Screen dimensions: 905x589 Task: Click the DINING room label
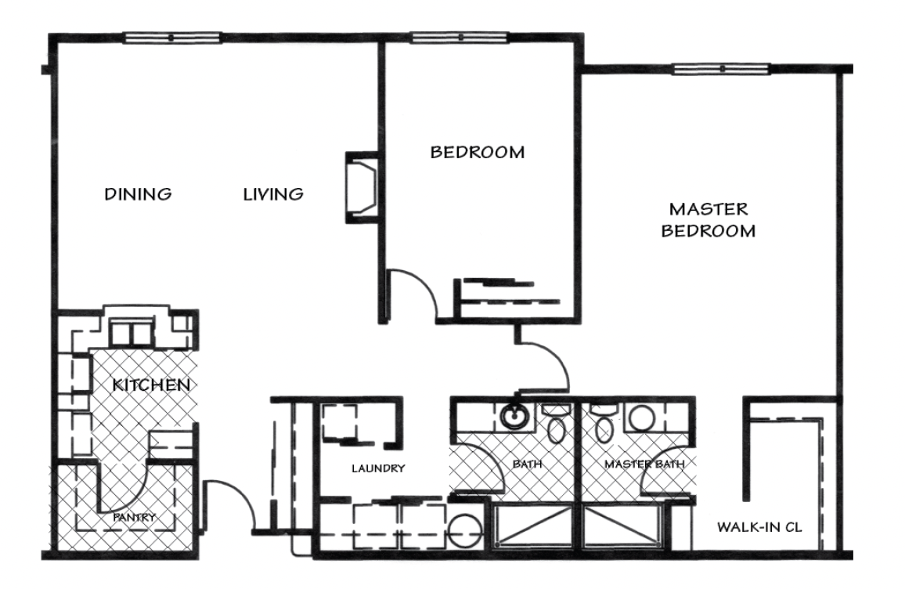[x=138, y=193]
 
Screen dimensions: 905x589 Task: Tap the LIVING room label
[x=273, y=193]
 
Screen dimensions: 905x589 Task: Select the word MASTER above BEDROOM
[x=708, y=208]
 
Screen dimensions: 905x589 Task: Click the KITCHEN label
[x=150, y=385]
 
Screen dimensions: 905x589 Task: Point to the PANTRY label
[x=134, y=518]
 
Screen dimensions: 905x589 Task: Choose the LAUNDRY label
[x=378, y=468]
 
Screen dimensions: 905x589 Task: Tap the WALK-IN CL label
[x=759, y=526]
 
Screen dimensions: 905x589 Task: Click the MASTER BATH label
[x=645, y=464]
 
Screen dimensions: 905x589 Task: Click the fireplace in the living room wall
[x=362, y=187]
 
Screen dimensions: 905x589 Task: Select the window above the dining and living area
[x=172, y=38]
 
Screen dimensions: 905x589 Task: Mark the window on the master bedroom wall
[x=722, y=69]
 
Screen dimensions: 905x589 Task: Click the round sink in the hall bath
[x=512, y=416]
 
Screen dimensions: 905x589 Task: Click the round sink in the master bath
[x=640, y=417]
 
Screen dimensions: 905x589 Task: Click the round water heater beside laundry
[x=464, y=531]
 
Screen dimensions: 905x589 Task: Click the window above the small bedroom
[x=460, y=38]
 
